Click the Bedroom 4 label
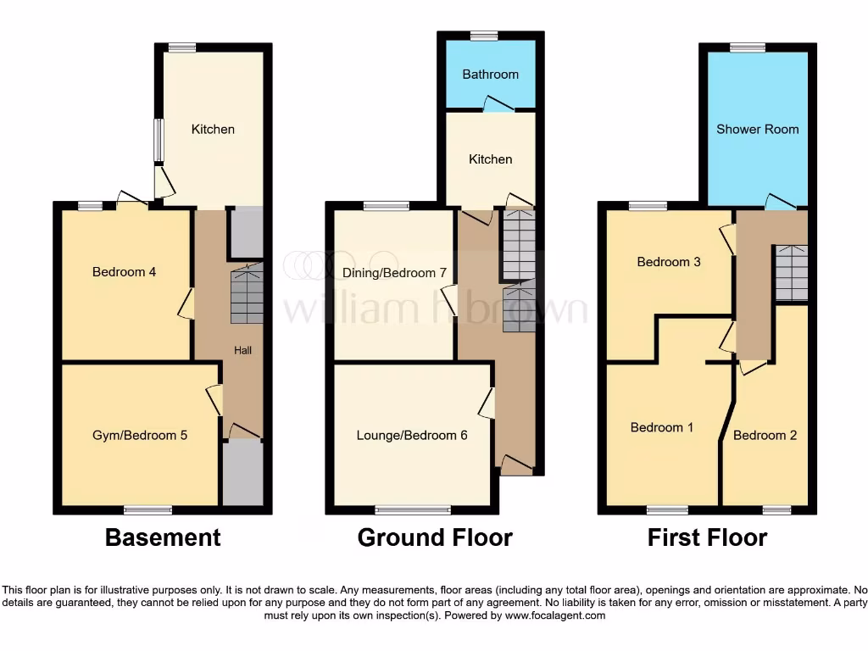[x=124, y=272]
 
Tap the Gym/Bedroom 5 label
[x=140, y=435]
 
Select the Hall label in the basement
[x=242, y=349]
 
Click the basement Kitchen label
[x=213, y=130]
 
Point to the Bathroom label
[x=490, y=75]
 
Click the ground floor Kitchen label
[x=490, y=159]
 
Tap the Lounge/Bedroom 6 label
[x=412, y=435]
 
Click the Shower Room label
[x=757, y=130]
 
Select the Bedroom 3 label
[x=669, y=262]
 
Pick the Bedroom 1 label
[x=662, y=427]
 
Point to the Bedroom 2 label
[x=765, y=435]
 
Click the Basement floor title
[x=163, y=537]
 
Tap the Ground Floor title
[x=435, y=537]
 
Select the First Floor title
[x=707, y=537]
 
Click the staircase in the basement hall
[x=247, y=293]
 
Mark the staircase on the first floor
[x=791, y=272]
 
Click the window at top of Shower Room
[x=747, y=47]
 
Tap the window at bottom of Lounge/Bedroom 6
[x=413, y=510]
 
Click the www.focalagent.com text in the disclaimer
[x=555, y=615]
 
